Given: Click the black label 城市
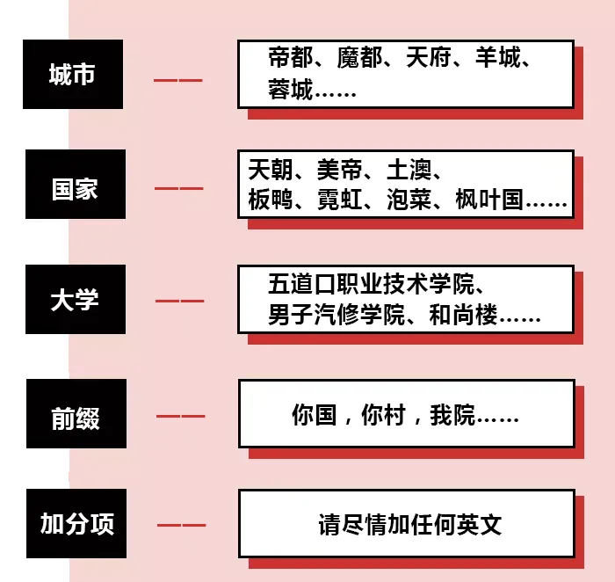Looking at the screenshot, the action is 73,75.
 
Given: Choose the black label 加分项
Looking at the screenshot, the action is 76,524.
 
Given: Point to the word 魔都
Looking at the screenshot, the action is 359,59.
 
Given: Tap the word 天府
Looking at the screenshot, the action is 428,59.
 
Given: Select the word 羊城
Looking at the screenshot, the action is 497,59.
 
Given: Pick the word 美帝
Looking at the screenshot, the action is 339,169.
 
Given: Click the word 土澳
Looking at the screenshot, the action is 409,169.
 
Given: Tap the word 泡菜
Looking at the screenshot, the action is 409,200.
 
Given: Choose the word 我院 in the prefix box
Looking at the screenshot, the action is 452,415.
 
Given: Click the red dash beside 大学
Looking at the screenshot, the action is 179,301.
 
